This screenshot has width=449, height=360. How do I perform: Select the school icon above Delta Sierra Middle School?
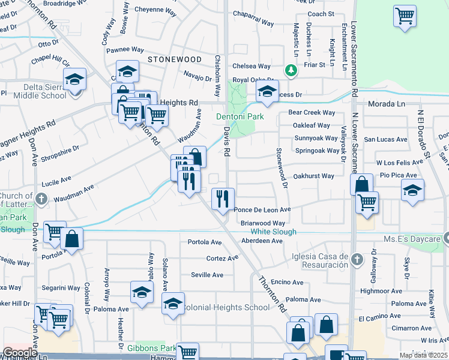(75, 79)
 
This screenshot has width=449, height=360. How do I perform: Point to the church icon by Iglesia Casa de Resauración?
(357, 260)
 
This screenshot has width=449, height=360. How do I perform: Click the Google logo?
(20, 353)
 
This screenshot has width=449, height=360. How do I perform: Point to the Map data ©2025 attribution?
(423, 355)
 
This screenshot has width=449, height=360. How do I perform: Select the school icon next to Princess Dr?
(268, 92)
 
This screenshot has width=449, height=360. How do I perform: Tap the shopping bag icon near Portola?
(71, 238)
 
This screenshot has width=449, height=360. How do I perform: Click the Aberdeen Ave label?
(261, 241)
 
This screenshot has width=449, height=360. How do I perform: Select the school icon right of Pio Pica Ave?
(412, 191)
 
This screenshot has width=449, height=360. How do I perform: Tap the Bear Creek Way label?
(312, 112)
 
